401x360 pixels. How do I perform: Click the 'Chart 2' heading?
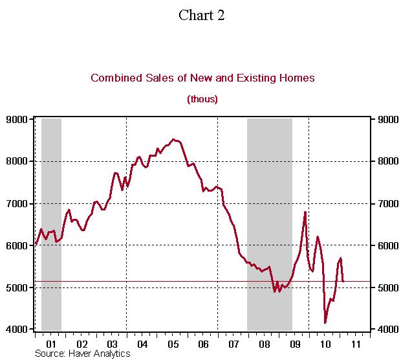click(x=201, y=16)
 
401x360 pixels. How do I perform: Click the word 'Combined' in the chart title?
click(x=114, y=78)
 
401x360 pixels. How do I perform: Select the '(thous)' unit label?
click(x=202, y=99)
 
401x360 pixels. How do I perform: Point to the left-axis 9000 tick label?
click(x=17, y=119)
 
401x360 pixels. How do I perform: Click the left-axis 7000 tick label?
click(x=17, y=203)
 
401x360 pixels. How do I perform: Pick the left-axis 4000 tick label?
click(x=17, y=330)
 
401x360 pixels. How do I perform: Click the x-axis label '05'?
click(x=173, y=343)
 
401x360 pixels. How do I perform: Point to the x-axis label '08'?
click(x=264, y=343)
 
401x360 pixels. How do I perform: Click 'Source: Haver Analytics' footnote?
click(x=82, y=354)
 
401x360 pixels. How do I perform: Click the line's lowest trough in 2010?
click(x=325, y=322)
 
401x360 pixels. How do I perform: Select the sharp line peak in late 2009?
click(x=305, y=212)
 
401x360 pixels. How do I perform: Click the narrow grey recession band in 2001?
click(x=51, y=223)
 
